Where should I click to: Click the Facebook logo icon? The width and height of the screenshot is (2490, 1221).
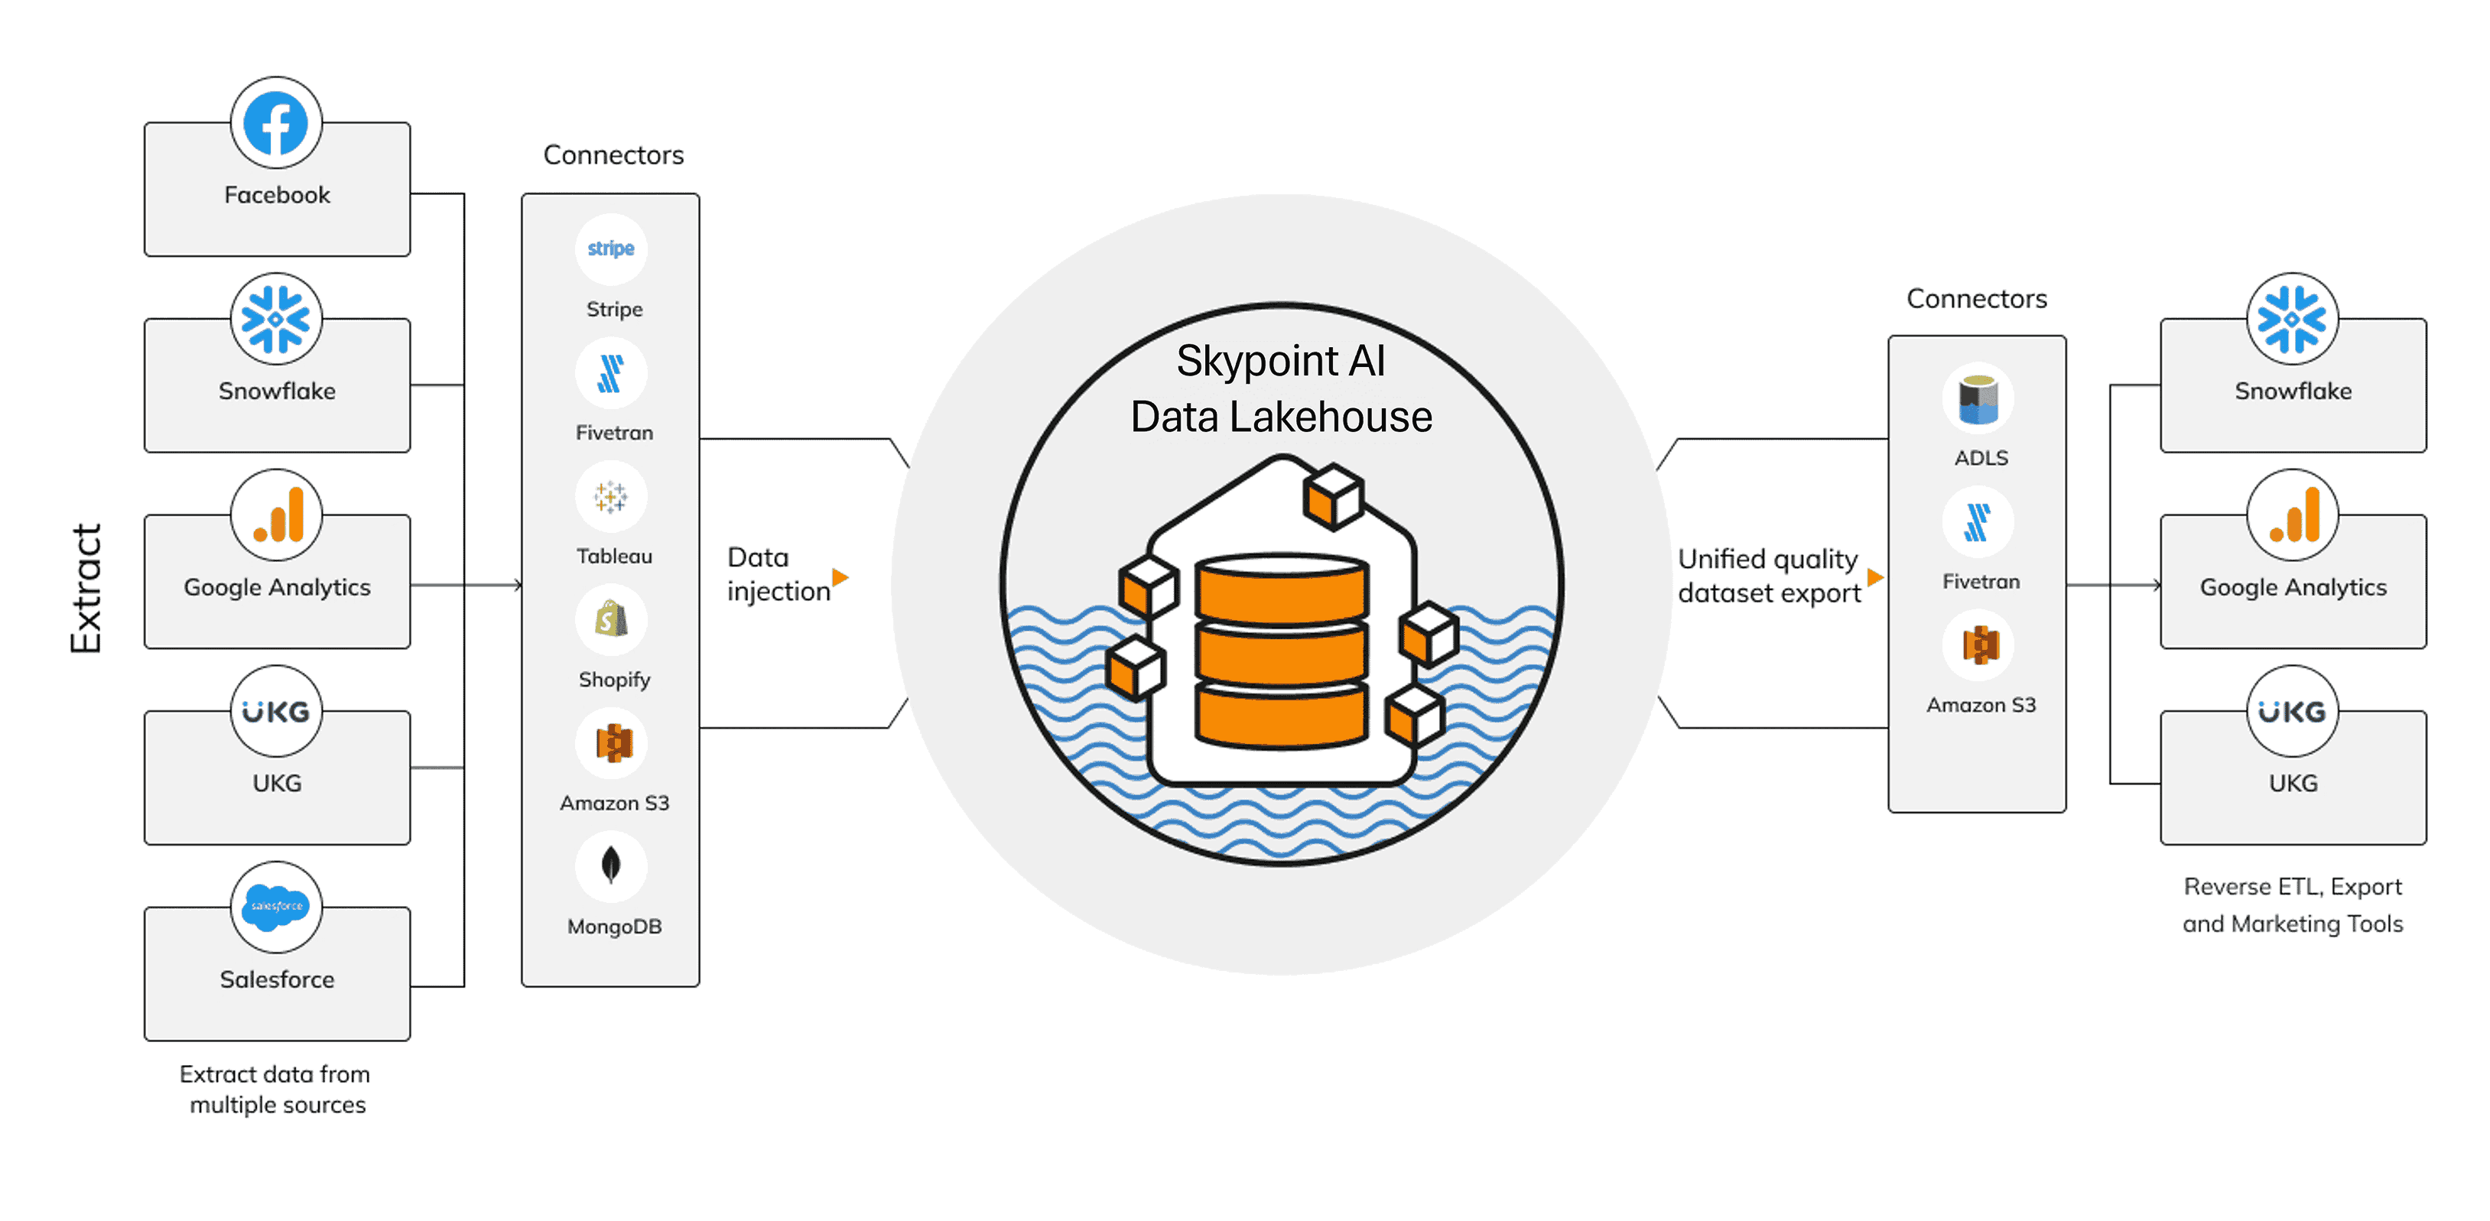pos(275,124)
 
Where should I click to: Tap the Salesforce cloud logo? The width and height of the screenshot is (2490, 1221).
pos(275,907)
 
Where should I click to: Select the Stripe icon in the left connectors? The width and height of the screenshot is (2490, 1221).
pos(611,248)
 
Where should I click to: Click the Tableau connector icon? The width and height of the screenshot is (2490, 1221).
pos(611,497)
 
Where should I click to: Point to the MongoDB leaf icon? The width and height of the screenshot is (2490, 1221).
pos(611,865)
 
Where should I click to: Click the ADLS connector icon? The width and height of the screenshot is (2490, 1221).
pos(1978,399)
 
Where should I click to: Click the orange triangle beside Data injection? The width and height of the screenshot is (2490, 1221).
pos(840,577)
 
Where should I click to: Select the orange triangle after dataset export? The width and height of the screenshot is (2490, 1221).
pos(1875,577)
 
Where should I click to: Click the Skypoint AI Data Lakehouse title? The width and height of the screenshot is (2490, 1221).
pos(1281,388)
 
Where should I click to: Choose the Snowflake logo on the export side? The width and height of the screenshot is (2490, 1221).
pos(2292,319)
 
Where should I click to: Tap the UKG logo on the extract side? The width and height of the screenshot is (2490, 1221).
pos(275,712)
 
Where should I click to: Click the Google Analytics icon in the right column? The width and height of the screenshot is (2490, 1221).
pos(2292,516)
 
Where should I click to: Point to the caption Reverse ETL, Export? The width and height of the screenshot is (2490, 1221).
pos(2292,887)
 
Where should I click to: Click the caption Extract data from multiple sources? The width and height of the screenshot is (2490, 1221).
pos(276,1089)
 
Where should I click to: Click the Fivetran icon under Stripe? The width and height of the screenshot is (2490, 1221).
pos(611,373)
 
